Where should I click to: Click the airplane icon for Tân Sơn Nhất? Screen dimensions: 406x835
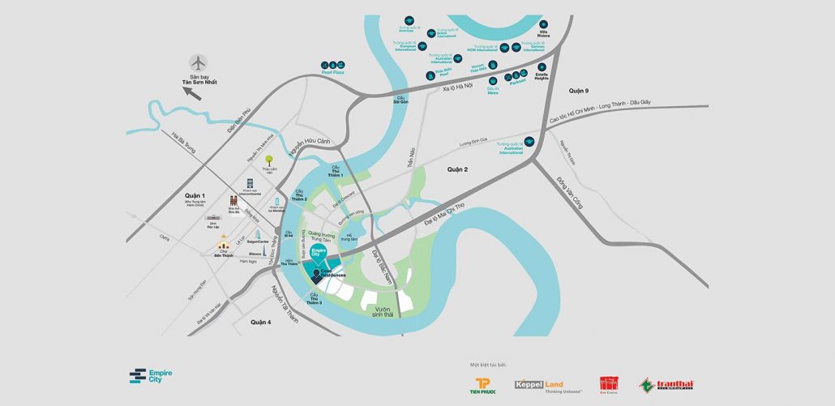coord(198,62)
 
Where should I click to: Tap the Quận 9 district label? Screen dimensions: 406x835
coord(578,90)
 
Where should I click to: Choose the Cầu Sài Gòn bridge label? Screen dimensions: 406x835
coord(400,100)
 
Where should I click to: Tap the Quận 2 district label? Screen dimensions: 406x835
coord(457,169)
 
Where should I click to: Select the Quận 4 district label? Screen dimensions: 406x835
coord(260,322)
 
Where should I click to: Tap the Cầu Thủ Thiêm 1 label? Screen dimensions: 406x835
coord(336,170)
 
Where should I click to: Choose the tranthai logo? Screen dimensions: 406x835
coord(666,384)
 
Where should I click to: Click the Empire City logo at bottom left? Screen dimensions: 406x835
coord(151,375)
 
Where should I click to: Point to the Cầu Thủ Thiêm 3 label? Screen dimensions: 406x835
coord(314,300)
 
